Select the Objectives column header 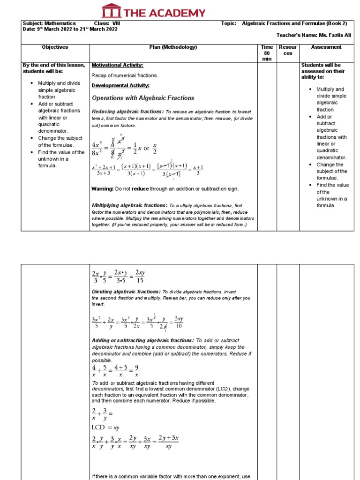pyautogui.click(x=55, y=47)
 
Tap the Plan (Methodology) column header pyautogui.click(x=173, y=47)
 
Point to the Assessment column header pyautogui.click(x=326, y=47)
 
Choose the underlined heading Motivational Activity pyautogui.click(x=117, y=65)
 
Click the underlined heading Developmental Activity pyautogui.click(x=120, y=85)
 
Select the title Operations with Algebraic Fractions pyautogui.click(x=142, y=98)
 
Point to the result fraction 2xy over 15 pyautogui.click(x=140, y=277)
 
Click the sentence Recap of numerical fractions pyautogui.click(x=124, y=75)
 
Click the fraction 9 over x pyautogui.click(x=136, y=371)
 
